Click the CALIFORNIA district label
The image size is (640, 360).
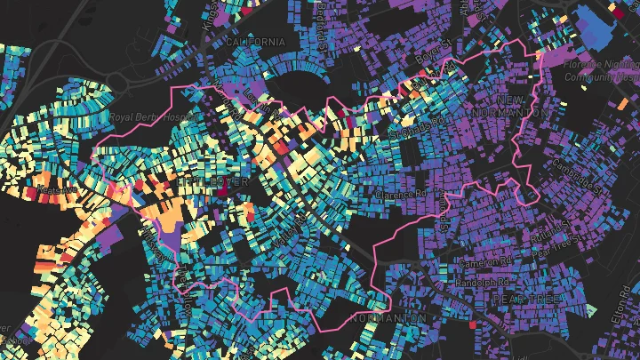[255, 42]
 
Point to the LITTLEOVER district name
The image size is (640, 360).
[214, 181]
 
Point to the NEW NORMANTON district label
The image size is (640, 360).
[523, 106]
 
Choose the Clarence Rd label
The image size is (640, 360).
[402, 193]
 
